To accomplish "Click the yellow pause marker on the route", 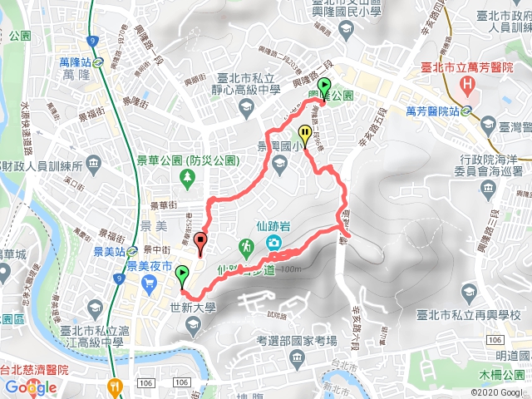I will point(306,135).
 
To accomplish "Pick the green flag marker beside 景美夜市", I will point(182,273).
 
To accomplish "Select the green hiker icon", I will point(246,246).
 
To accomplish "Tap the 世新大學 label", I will point(193,307).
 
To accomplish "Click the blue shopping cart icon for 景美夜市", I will point(149,284).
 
